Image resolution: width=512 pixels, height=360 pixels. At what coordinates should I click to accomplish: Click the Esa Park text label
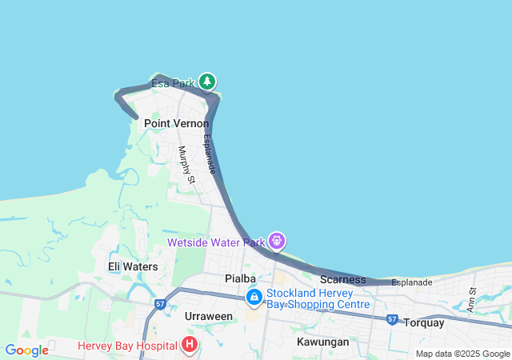click(173, 83)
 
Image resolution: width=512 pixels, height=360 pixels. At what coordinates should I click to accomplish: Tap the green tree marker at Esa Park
click(207, 82)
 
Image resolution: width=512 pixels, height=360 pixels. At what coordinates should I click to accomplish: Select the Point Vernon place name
click(176, 124)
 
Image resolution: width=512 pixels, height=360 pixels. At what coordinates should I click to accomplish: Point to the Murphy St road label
click(186, 165)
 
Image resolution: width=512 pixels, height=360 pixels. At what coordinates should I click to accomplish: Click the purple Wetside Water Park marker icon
click(277, 240)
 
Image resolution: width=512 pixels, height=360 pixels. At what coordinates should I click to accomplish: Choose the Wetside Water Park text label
click(215, 242)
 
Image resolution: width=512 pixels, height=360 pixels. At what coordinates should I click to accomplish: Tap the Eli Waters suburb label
click(133, 266)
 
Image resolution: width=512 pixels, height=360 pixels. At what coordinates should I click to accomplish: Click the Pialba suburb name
click(240, 278)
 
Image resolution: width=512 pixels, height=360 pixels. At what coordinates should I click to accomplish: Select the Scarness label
click(342, 280)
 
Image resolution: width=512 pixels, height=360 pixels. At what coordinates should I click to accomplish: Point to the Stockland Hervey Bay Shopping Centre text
click(318, 298)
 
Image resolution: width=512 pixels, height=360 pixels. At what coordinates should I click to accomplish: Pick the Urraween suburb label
click(208, 316)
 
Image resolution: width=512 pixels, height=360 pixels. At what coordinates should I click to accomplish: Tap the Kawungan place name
click(322, 342)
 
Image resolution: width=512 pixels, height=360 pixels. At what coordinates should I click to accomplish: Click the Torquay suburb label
click(422, 323)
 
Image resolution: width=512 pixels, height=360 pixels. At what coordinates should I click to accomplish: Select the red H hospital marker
click(190, 346)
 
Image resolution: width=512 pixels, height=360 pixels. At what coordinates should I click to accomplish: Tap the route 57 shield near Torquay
click(392, 319)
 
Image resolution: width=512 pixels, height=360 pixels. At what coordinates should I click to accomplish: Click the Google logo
click(26, 350)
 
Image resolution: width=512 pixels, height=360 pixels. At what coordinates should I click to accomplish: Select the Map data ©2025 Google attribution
click(462, 354)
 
